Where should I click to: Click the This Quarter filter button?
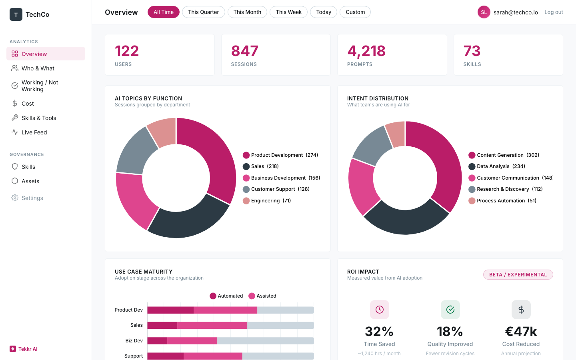coord(203,12)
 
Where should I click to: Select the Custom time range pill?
coord(355,12)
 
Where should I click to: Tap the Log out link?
coord(553,12)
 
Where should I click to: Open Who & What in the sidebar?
coord(38,68)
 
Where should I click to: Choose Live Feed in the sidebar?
coord(34,132)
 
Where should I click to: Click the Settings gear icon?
coord(15,198)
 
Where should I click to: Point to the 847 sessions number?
coord(244,51)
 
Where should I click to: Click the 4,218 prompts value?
coord(366,51)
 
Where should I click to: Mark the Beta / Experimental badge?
coord(518,275)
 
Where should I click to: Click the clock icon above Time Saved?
coord(379,310)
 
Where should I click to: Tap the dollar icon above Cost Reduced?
coord(521,310)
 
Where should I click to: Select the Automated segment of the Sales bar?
coord(162,326)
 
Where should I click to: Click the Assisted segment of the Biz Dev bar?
coord(192,341)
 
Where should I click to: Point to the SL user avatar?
coord(484,12)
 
